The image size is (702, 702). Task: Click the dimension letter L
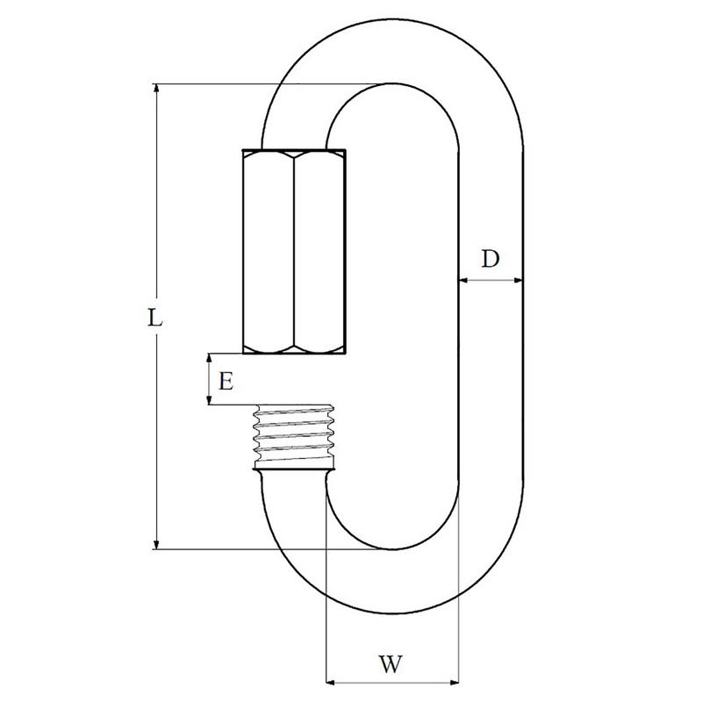(x=154, y=318)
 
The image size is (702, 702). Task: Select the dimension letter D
(x=491, y=259)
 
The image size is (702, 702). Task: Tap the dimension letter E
(x=226, y=382)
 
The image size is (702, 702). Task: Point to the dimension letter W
(x=390, y=664)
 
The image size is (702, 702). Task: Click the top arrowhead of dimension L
(x=156, y=89)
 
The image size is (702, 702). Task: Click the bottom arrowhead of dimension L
(x=156, y=544)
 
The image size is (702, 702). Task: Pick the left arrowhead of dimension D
(x=464, y=280)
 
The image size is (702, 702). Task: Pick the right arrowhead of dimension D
(x=518, y=280)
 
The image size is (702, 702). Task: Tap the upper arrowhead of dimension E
(x=209, y=358)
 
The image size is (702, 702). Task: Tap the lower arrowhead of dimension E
(x=209, y=400)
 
